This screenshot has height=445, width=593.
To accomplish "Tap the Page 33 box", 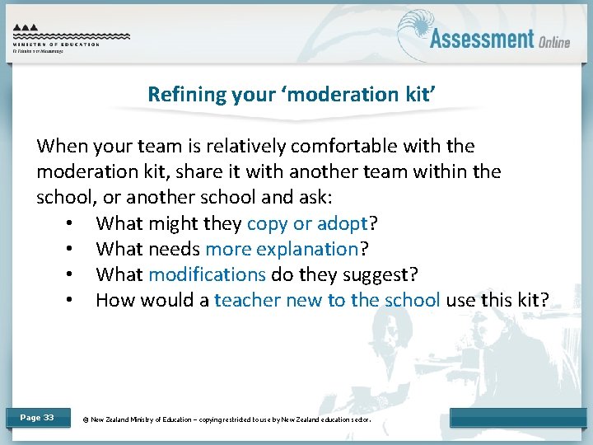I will point(37,418).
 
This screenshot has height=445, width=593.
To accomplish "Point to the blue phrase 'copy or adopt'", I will point(306,223).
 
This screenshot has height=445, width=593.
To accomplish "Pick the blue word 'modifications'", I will point(208,274).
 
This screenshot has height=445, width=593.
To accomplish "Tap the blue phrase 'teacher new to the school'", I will point(327,300).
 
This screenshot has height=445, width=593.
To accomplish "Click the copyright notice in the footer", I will point(227,419).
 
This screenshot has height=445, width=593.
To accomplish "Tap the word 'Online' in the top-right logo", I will point(554,41).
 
